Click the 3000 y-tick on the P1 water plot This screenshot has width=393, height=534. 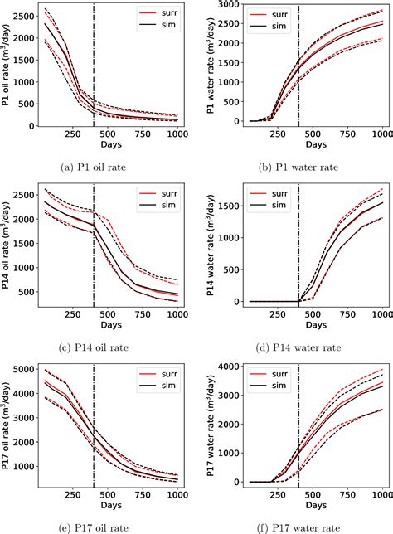(x=224, y=5)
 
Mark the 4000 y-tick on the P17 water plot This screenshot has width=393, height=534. (x=224, y=367)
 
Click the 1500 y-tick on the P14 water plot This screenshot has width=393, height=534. (x=224, y=204)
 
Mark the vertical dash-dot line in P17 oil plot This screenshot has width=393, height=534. (x=94, y=431)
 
